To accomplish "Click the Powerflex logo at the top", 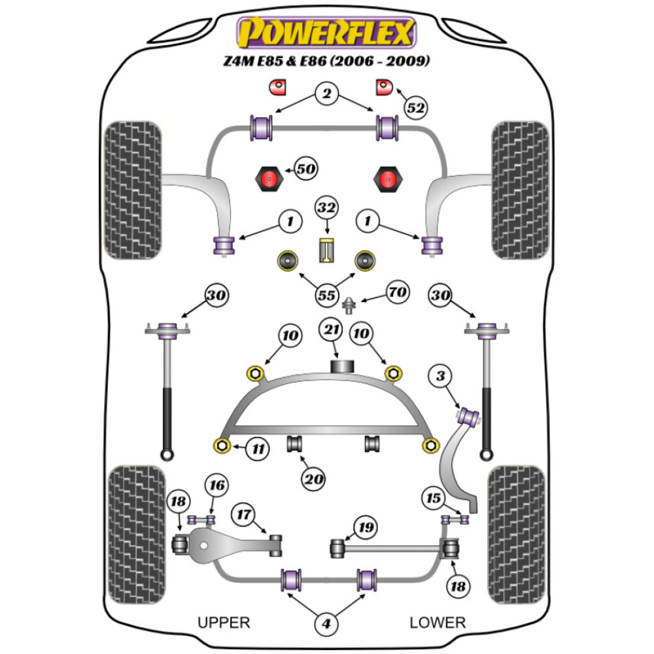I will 327,33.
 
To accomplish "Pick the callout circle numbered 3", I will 441,377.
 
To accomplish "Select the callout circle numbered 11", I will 259,449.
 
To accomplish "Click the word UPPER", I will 224,623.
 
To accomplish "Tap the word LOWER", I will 437,623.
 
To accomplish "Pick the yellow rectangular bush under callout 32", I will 326,250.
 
